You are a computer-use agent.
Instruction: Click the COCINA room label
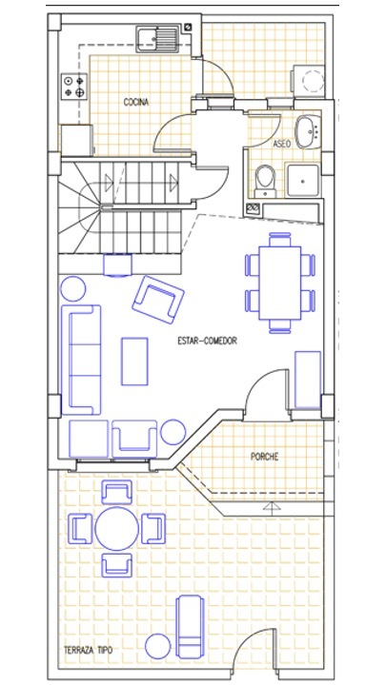pyautogui.click(x=136, y=102)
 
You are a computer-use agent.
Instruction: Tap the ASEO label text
pyautogui.click(x=282, y=144)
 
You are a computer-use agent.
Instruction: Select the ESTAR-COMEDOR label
pyautogui.click(x=208, y=341)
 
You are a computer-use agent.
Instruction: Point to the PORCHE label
pyautogui.click(x=264, y=457)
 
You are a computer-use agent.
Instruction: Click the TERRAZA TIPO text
pyautogui.click(x=88, y=650)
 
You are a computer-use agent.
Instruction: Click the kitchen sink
pyautogui.click(x=157, y=38)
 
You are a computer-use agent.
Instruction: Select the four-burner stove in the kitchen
pyautogui.click(x=74, y=86)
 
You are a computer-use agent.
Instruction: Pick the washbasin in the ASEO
pyautogui.click(x=308, y=131)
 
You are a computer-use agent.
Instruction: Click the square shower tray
pyautogui.click(x=303, y=180)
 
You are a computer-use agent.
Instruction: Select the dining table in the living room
pyautogui.click(x=280, y=284)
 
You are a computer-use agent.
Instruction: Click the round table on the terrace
pyautogui.click(x=117, y=529)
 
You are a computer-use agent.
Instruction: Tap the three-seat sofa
pyautogui.click(x=81, y=360)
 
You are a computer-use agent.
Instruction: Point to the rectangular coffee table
pyautogui.click(x=134, y=362)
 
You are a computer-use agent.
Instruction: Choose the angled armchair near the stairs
pyautogui.click(x=158, y=300)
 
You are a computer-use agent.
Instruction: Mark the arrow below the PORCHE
pyautogui.click(x=272, y=508)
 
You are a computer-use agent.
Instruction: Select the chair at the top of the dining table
pyautogui.click(x=279, y=239)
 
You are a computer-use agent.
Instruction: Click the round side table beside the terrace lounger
pyautogui.click(x=158, y=646)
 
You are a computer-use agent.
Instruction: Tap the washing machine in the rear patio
pyautogui.click(x=308, y=79)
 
